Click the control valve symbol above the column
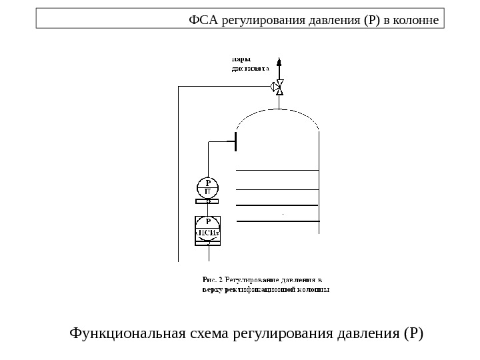(279, 87)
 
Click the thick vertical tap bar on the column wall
(236, 141)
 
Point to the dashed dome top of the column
(278, 115)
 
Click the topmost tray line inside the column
(278, 171)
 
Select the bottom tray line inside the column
(278, 221)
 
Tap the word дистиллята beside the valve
(251, 68)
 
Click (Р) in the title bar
(369, 19)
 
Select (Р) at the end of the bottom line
(413, 332)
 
